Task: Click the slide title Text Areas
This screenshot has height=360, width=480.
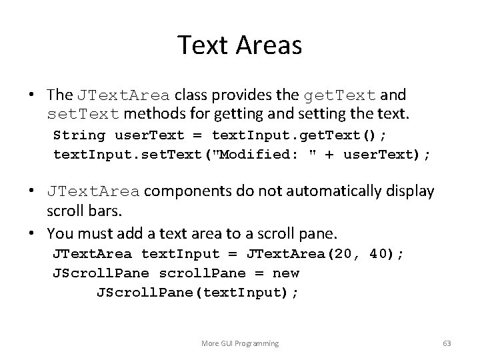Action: [240, 45]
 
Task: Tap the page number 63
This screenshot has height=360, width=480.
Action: [447, 343]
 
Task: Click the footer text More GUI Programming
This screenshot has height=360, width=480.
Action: [240, 343]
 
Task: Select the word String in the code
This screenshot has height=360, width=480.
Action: [79, 136]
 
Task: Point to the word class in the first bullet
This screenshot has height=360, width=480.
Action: [189, 96]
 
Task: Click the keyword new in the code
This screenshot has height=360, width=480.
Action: [286, 273]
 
